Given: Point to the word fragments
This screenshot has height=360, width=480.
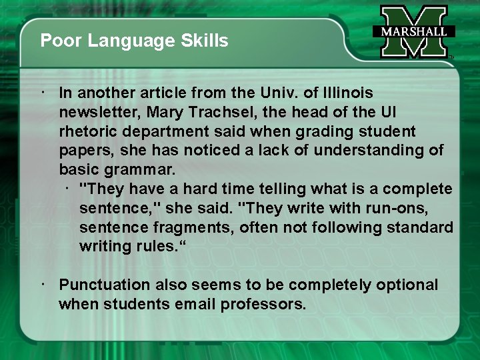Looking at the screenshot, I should pyautogui.click(x=181, y=227).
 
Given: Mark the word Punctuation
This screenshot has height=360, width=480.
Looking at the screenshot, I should pyautogui.click(x=104, y=285).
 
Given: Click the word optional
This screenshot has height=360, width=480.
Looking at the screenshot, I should pyautogui.click(x=407, y=285).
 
